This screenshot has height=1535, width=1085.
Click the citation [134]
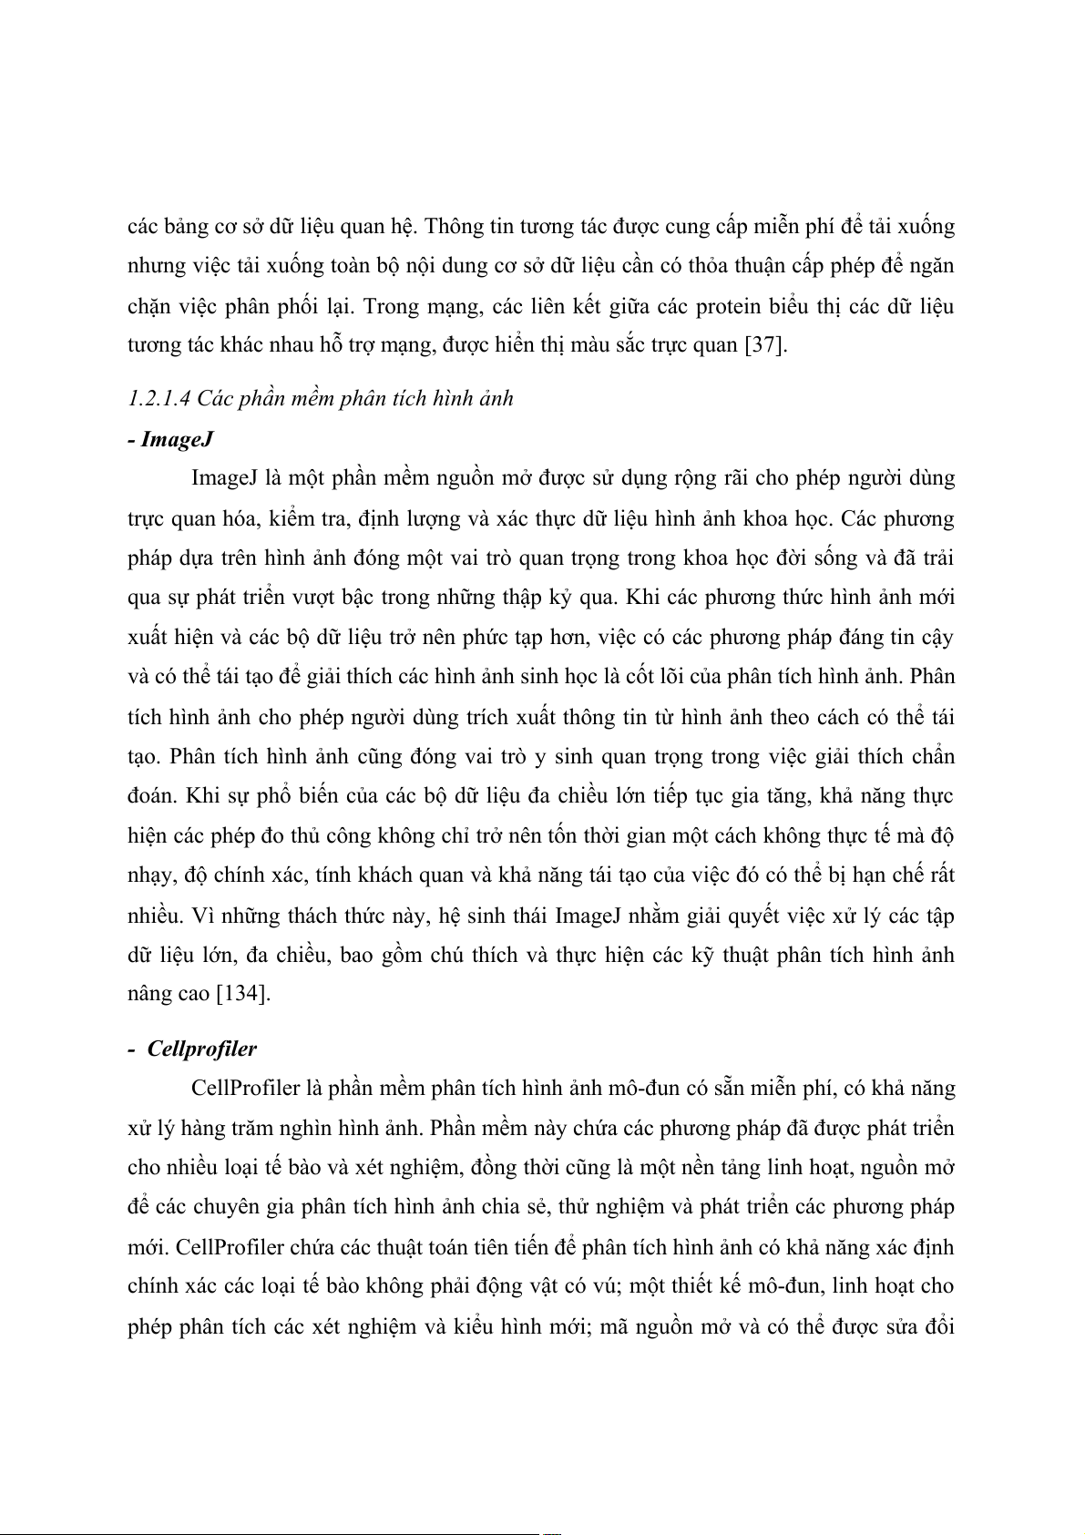pos(243,994)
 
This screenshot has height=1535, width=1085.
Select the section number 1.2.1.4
pos(159,398)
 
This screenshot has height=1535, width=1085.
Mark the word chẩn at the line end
pos(930,756)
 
